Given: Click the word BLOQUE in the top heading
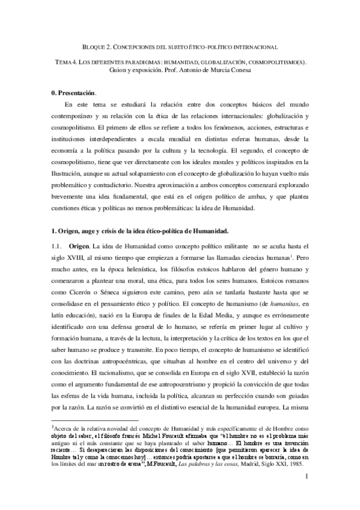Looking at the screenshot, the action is (x=93, y=46).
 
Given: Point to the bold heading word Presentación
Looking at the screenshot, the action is (x=77, y=93).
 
